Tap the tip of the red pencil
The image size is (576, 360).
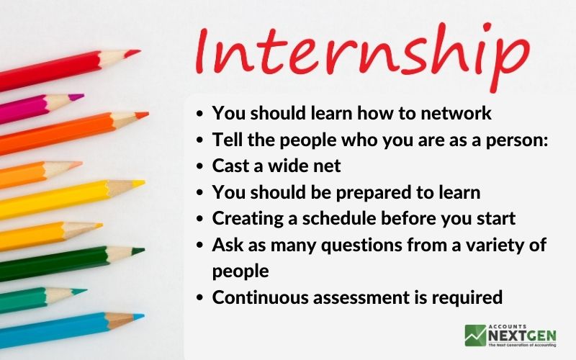(x=140, y=50)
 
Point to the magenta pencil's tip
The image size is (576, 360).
(x=84, y=96)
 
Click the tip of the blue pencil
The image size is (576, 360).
(x=143, y=315)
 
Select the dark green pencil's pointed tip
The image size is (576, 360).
(x=145, y=250)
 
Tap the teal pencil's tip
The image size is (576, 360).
(x=86, y=290)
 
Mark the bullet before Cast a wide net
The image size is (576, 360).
(x=199, y=166)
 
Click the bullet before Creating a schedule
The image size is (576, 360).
(x=199, y=219)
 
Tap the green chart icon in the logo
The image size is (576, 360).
(x=475, y=336)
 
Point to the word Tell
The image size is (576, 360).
(x=228, y=140)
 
